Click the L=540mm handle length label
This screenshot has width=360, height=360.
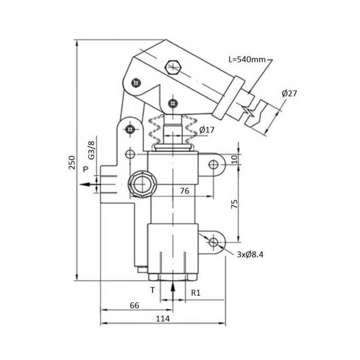tap(247, 59)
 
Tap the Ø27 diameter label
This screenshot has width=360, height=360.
tap(289, 94)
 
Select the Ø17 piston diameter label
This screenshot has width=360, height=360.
tap(206, 130)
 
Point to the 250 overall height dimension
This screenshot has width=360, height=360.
tap(72, 163)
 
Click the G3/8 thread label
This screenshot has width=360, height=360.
tap(91, 150)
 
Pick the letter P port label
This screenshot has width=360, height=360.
tap(85, 169)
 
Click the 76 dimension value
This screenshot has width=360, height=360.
tap(185, 191)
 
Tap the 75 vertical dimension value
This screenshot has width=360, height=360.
tap(234, 204)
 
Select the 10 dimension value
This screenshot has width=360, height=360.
tap(234, 159)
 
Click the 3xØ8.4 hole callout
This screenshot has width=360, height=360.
tap(250, 254)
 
